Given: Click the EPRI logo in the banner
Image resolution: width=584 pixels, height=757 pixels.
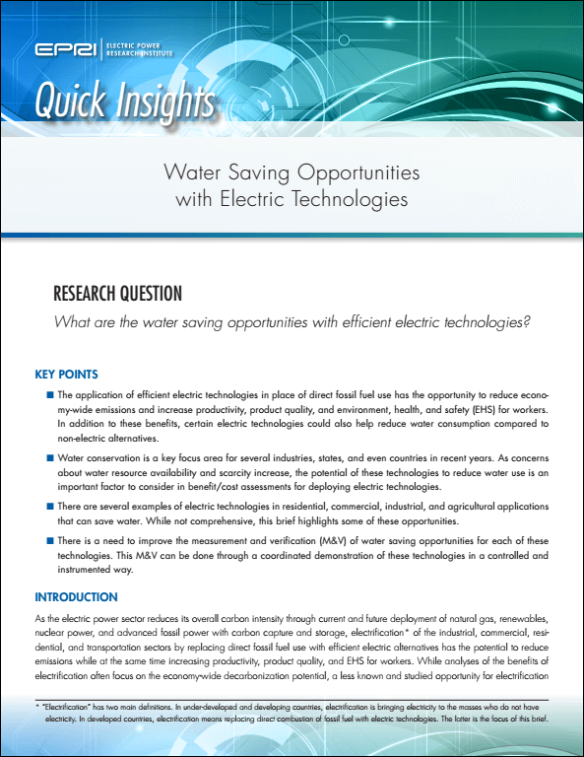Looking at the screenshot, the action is [61, 50].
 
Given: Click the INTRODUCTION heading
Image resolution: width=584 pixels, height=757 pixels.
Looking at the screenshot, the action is [76, 596].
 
